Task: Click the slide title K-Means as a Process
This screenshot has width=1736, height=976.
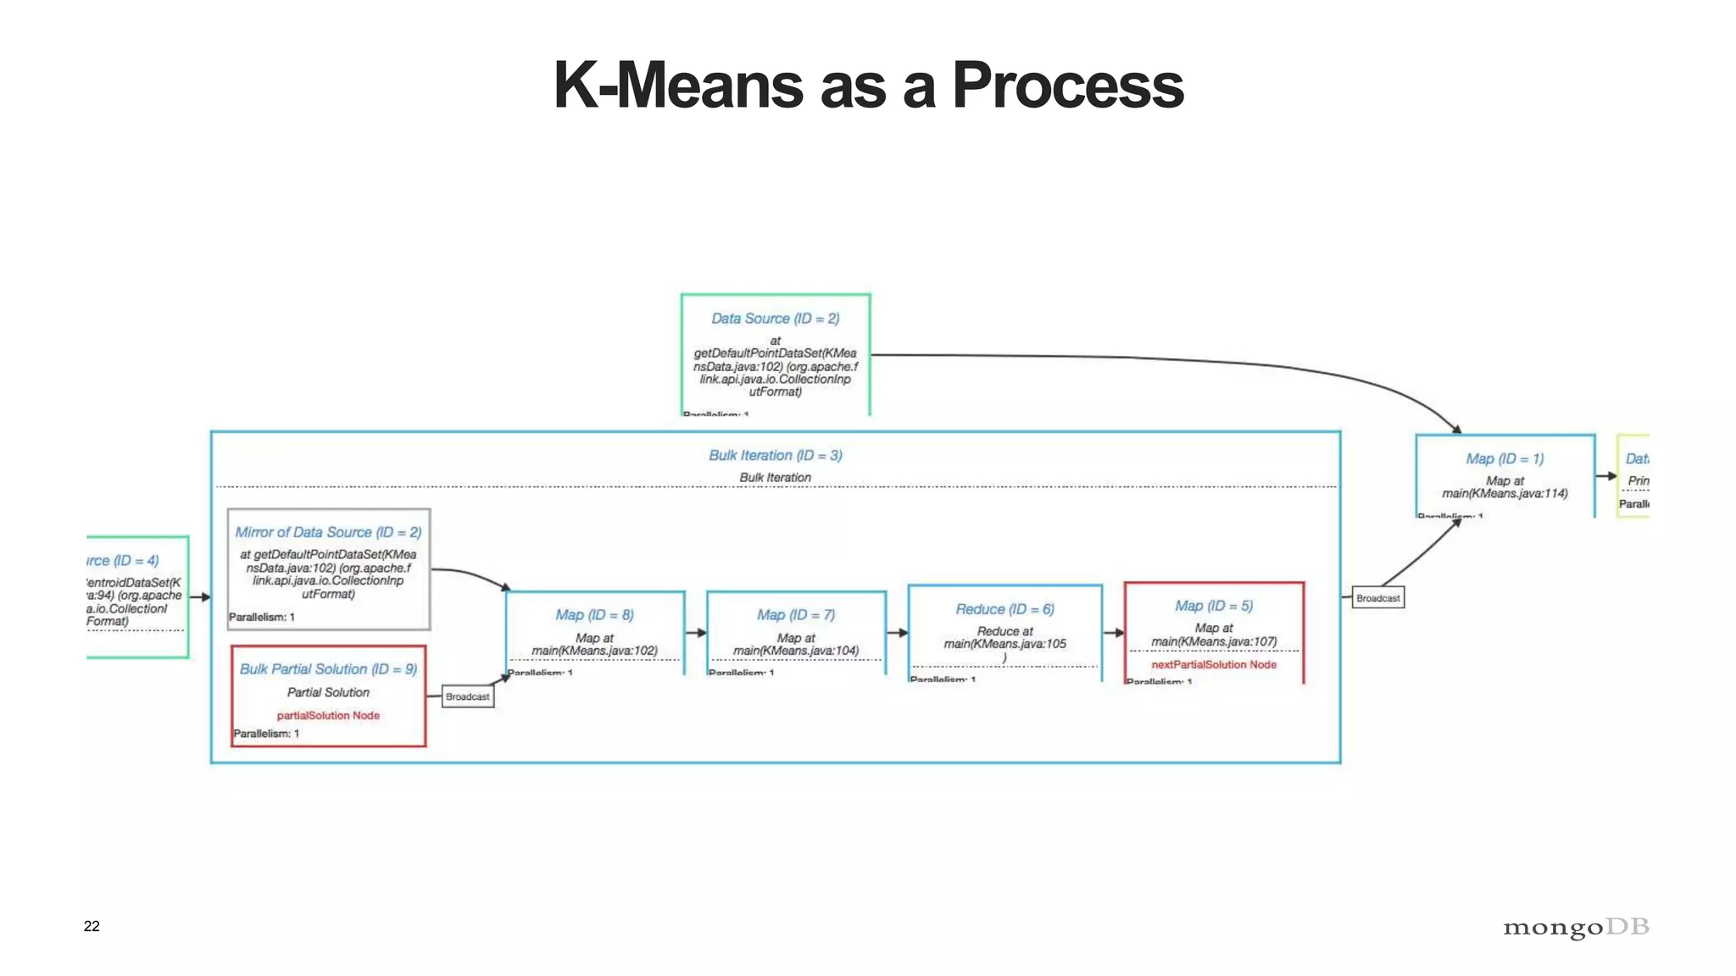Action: (868, 86)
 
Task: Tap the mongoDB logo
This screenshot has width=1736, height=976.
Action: (1576, 927)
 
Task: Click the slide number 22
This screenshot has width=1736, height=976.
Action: (92, 926)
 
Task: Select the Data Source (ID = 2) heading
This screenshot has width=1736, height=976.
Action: (775, 319)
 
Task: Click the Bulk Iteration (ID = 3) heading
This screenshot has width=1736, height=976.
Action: (775, 456)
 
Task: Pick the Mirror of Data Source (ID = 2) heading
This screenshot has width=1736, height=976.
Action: (328, 532)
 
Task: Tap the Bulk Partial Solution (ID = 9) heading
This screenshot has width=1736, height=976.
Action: (328, 669)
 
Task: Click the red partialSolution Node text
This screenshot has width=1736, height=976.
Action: (328, 716)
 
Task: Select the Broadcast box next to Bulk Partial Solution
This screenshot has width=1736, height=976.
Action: (467, 696)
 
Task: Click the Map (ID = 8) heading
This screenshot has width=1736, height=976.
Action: (594, 615)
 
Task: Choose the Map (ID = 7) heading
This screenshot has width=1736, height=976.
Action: (796, 615)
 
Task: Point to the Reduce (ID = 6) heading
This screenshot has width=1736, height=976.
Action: (1004, 609)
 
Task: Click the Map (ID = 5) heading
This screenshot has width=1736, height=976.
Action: (1213, 606)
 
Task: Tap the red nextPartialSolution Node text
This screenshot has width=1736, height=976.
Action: (1213, 665)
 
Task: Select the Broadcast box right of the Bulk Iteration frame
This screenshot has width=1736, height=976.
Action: (1377, 598)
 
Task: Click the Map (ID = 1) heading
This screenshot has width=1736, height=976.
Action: (1505, 459)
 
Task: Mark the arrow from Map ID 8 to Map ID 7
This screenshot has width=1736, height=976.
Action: (696, 633)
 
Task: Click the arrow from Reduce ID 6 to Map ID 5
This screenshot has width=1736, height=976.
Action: (1114, 633)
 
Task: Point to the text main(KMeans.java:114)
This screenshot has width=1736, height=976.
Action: (1505, 494)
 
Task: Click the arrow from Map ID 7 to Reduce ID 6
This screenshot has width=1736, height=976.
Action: (897, 633)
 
